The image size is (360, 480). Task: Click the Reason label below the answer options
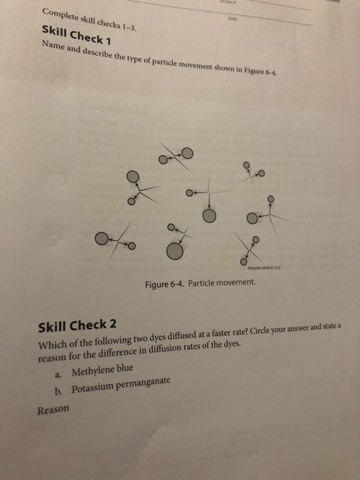click(x=53, y=409)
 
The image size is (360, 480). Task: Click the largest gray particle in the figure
click(x=176, y=252)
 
